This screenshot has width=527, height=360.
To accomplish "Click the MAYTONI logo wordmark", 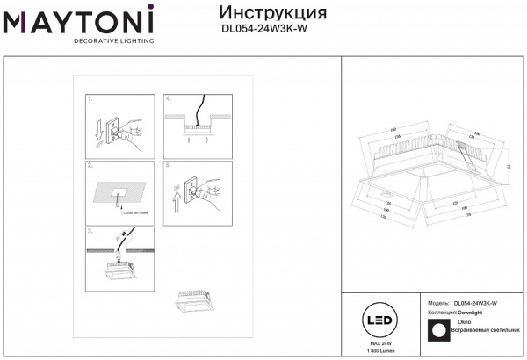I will point(78,18).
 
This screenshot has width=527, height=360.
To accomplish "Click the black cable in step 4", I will point(199,109).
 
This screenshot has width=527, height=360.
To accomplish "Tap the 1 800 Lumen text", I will point(379,352).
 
